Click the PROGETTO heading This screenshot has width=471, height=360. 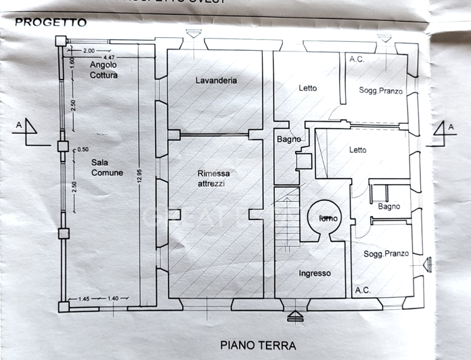[x=51, y=22]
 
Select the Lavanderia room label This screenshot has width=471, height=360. [x=216, y=81]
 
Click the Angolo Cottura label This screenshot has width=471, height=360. [x=104, y=70]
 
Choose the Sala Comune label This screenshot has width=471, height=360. [x=108, y=168]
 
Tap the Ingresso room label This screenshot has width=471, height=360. [x=315, y=273]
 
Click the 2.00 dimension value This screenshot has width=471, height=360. [x=89, y=51]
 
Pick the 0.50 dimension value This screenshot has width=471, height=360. [x=83, y=150]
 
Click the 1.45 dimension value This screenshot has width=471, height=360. [x=85, y=298]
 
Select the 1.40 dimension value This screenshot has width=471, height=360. [x=112, y=298]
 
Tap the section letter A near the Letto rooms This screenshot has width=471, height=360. [x=449, y=126]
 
